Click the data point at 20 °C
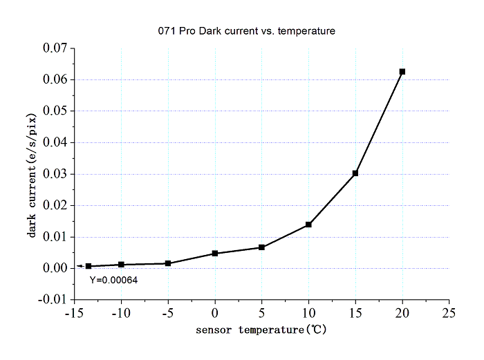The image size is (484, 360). [402, 72]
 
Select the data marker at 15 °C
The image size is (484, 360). [355, 173]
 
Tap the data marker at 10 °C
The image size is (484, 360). [308, 225]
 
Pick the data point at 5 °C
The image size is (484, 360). [261, 247]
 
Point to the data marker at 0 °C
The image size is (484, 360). [215, 254]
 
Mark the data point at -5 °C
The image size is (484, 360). [168, 263]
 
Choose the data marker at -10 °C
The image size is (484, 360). [122, 265]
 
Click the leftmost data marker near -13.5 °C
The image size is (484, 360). [89, 266]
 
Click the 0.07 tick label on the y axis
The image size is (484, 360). [55, 48]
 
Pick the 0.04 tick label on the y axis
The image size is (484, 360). [55, 142]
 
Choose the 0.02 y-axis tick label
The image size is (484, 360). [55, 205]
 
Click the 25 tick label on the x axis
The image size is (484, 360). [449, 313]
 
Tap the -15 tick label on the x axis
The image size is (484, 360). [73, 313]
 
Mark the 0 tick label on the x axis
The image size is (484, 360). [215, 313]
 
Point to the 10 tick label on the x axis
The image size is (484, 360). [308, 313]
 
